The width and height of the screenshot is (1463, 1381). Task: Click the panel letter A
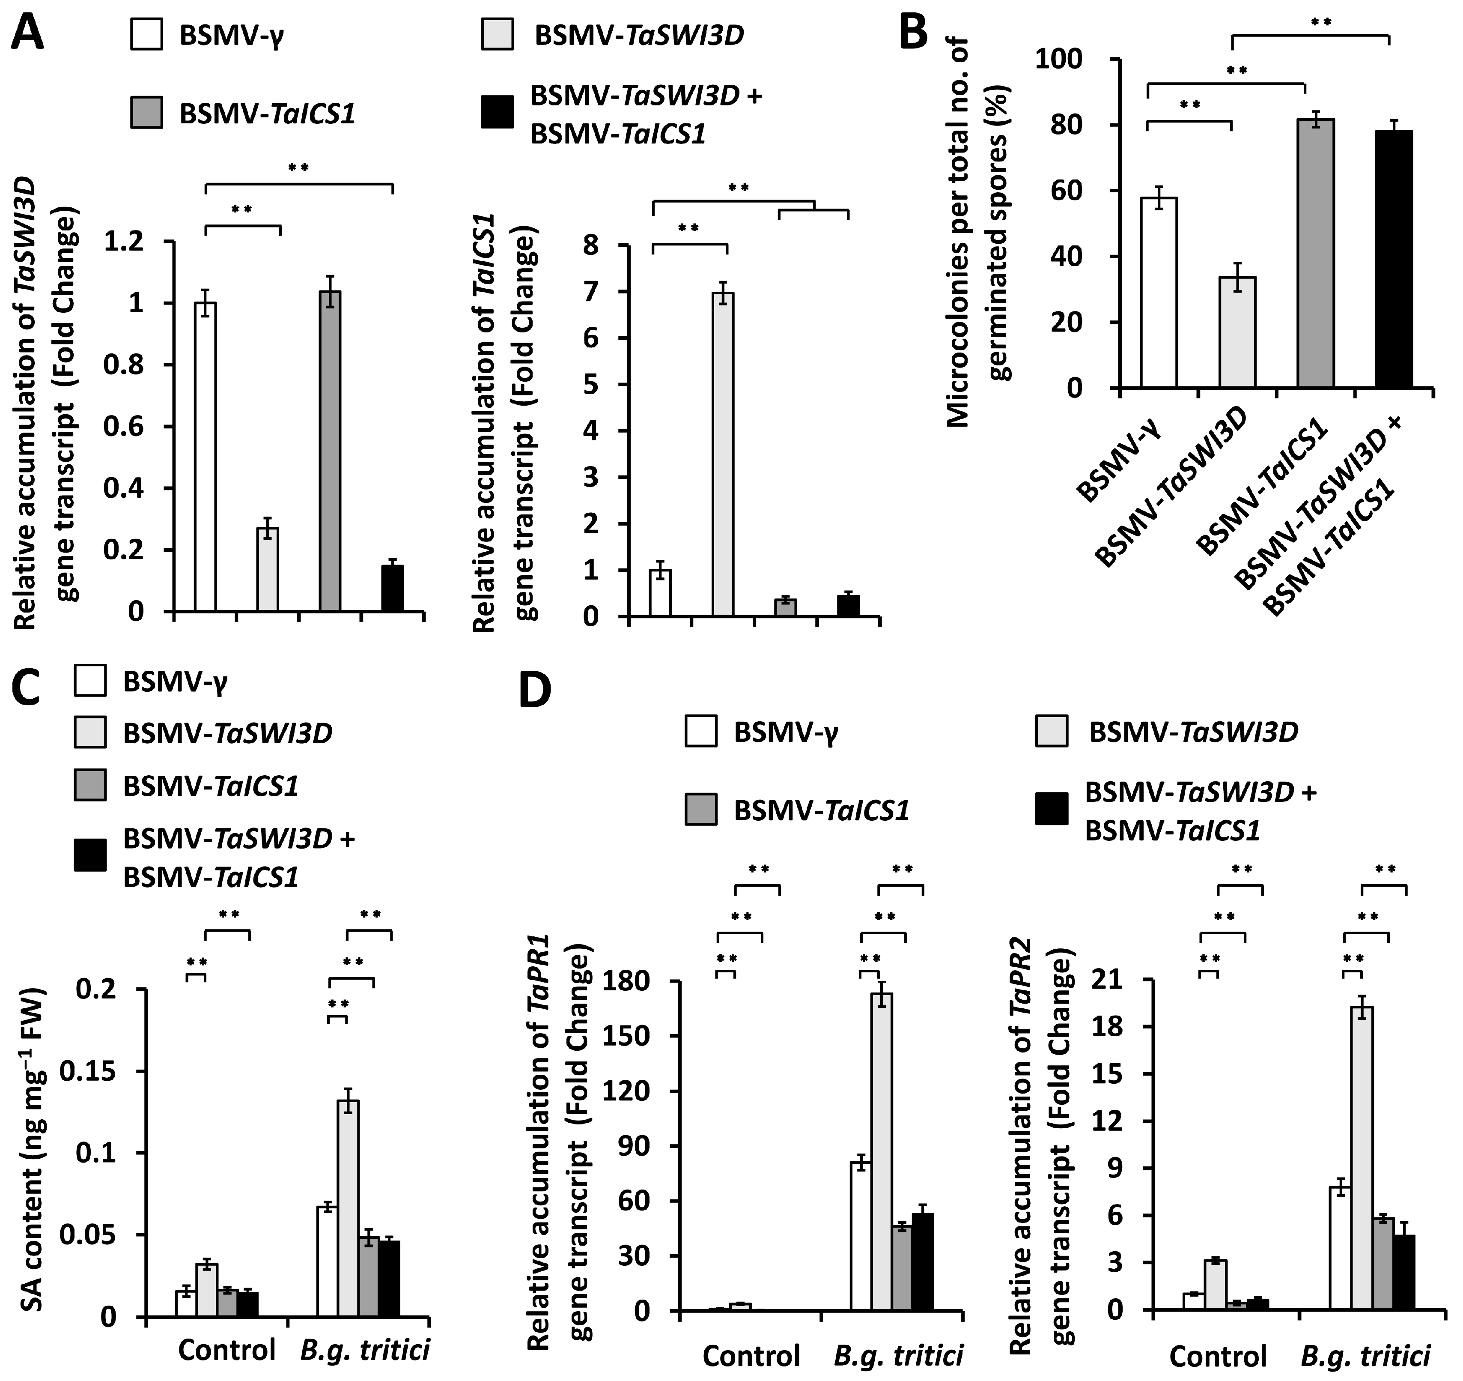27,33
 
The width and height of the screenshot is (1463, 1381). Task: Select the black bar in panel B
1393,259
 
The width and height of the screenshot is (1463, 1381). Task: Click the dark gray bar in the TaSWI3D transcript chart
330,451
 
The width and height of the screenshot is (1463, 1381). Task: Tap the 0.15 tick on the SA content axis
107,1071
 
